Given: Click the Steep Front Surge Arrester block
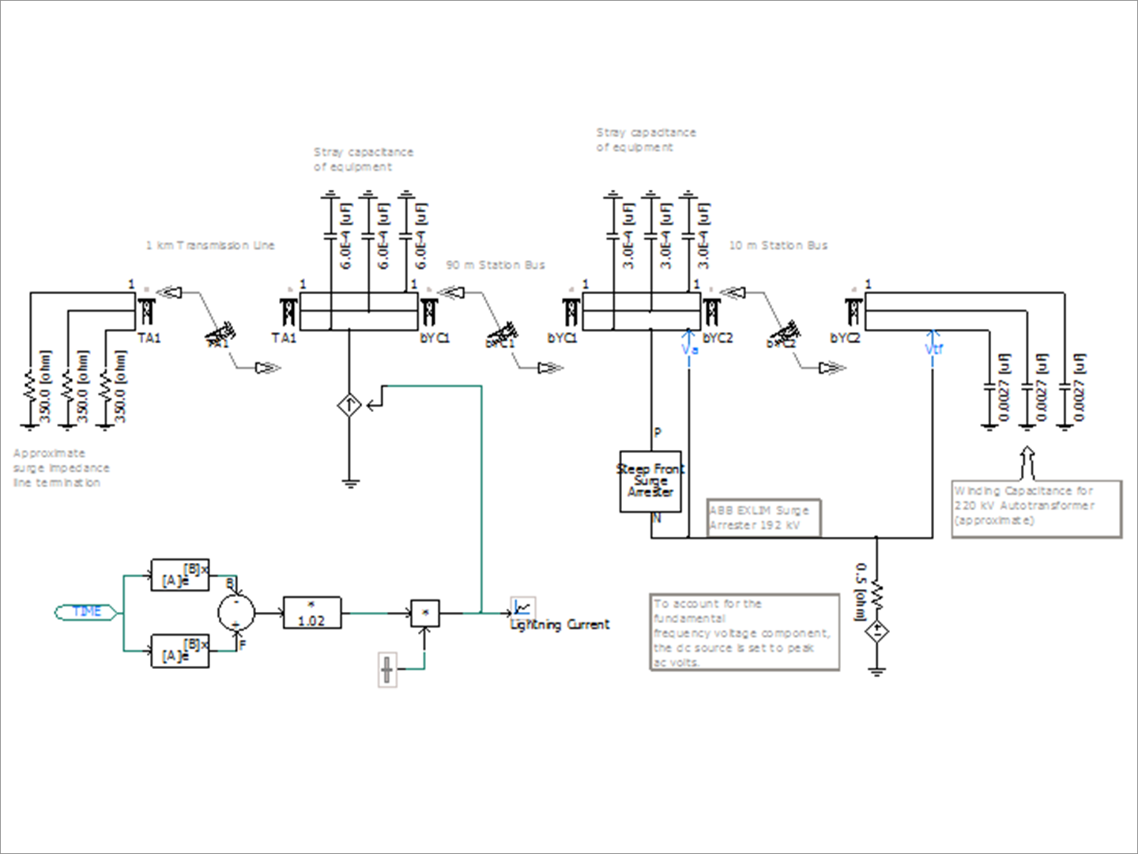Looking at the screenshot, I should click(650, 481).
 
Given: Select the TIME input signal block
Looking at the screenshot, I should click(87, 611).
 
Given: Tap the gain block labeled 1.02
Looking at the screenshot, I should click(311, 613).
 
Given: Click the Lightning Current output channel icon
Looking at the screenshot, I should click(522, 607).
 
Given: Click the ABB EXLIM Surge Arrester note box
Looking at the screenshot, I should click(763, 518).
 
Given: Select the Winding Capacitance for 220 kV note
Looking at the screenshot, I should click(1035, 506).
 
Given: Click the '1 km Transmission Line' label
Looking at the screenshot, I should click(209, 245).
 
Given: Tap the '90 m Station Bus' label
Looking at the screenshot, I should click(496, 265).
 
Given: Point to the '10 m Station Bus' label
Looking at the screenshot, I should click(778, 245).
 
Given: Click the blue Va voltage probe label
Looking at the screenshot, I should click(689, 349).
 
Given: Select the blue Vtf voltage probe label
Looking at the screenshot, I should click(933, 349).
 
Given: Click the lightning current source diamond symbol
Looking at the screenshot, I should click(349, 406).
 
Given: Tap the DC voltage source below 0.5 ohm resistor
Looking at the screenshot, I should click(876, 633).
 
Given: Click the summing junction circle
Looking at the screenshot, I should click(236, 610).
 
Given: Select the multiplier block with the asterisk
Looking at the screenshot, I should click(425, 613).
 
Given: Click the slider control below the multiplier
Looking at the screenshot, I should click(386, 669).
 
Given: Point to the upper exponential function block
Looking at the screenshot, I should click(180, 575).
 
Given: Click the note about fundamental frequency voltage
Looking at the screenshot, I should click(743, 633).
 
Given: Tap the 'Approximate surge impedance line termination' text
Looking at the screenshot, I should click(61, 467).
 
